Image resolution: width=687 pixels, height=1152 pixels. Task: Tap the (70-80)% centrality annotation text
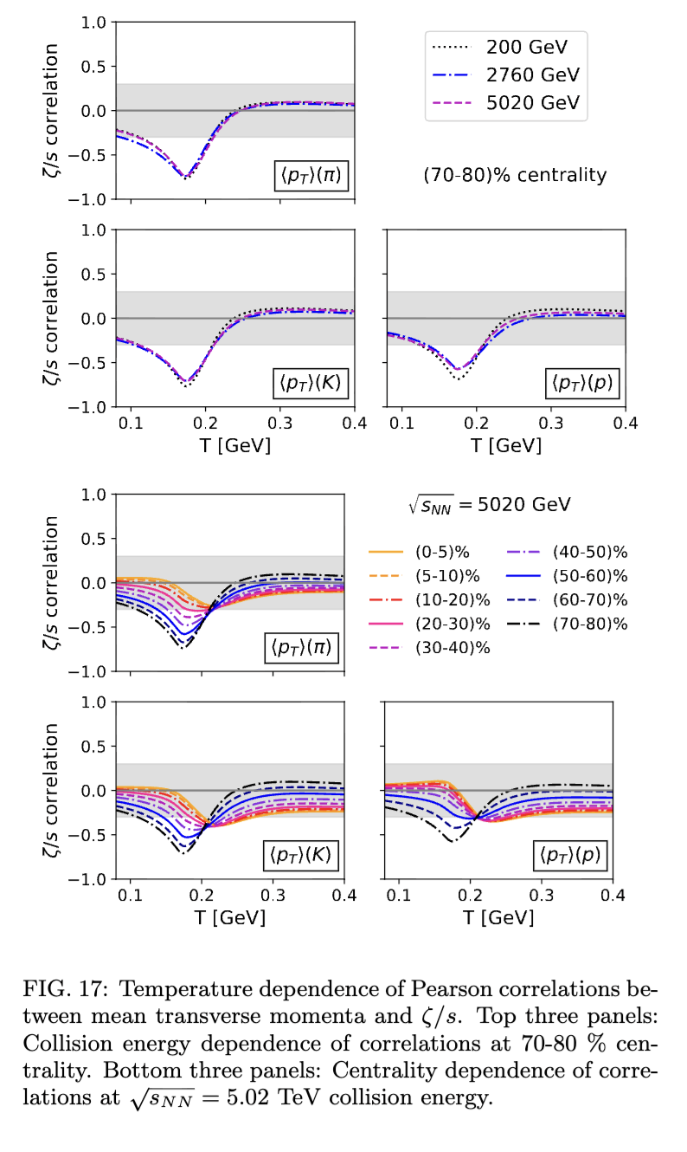coord(515,175)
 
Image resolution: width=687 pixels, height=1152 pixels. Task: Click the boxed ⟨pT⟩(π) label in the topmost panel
coord(307,178)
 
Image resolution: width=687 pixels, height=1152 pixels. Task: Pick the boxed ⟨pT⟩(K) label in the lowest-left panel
coord(300,857)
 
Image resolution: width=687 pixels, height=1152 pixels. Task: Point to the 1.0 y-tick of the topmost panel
coord(92,22)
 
